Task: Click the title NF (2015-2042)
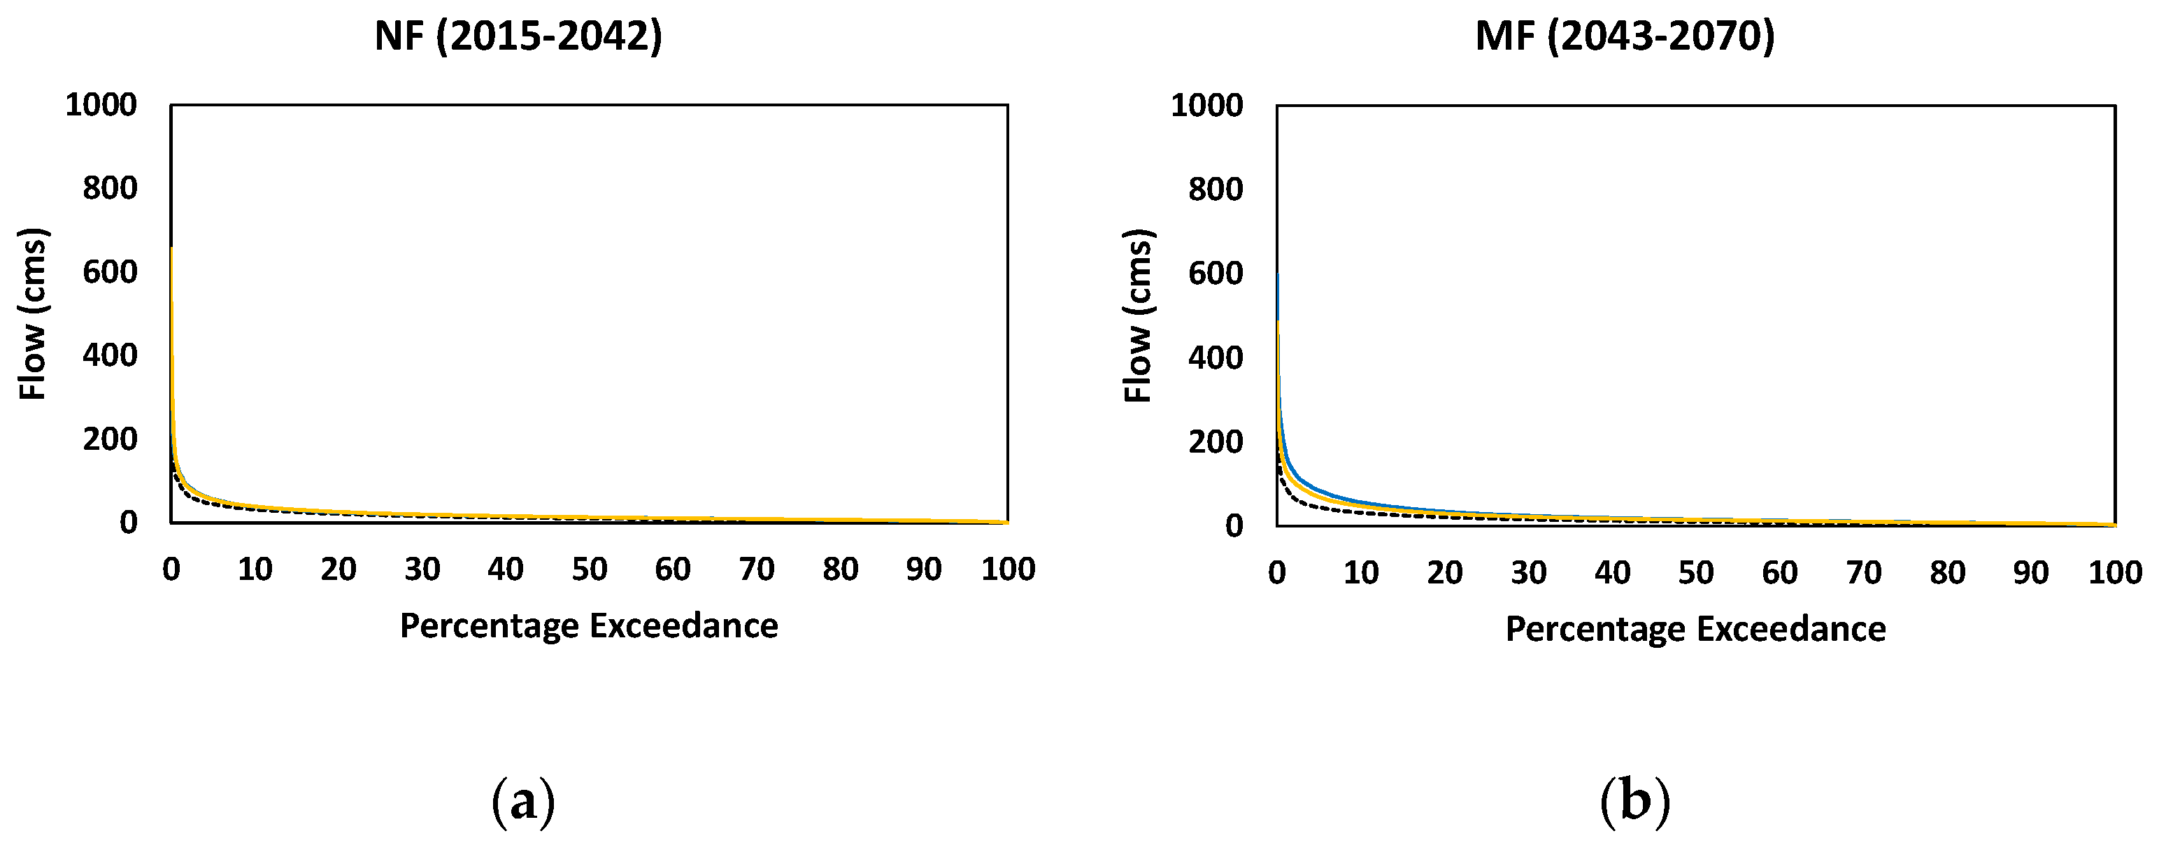(518, 37)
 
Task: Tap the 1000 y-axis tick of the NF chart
(101, 105)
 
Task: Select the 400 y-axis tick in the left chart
(109, 355)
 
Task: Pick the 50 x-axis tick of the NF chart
(589, 570)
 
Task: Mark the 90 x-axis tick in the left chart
(924, 570)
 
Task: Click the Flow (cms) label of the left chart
(34, 313)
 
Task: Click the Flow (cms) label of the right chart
(1139, 316)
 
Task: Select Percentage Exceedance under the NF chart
(588, 626)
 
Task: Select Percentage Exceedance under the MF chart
(1695, 630)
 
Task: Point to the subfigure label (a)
(523, 802)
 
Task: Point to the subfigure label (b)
(1634, 802)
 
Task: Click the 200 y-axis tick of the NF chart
(109, 439)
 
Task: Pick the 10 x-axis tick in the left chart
(255, 570)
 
